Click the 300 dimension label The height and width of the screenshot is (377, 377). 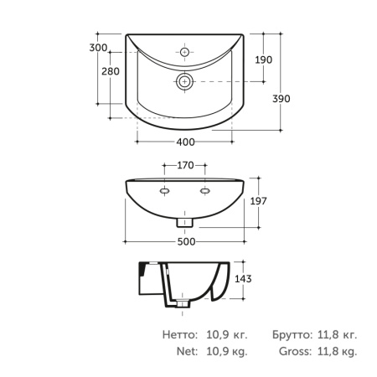pos(98,48)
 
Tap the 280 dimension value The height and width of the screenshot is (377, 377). pos(111,71)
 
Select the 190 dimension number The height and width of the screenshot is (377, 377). pos(263,59)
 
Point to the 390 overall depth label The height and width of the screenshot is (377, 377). pos(281,99)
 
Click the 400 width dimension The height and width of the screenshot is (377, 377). pos(185,142)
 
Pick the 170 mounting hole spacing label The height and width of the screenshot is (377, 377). pos(185,165)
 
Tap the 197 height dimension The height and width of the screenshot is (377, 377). pos(258,201)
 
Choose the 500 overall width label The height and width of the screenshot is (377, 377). pos(186,242)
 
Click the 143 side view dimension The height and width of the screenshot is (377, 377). pos(243,279)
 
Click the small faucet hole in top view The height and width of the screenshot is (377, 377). pos(184,52)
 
